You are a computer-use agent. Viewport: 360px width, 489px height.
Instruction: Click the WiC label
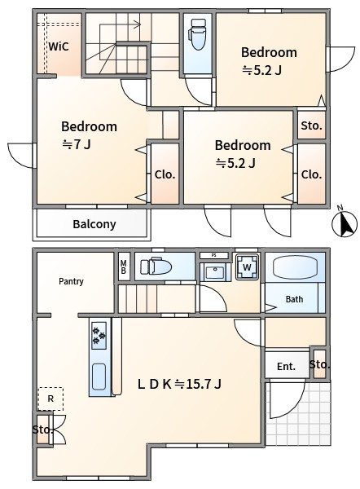click(59, 46)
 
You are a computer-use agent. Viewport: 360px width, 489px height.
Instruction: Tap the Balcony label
click(94, 224)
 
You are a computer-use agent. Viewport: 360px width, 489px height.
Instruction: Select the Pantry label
click(71, 281)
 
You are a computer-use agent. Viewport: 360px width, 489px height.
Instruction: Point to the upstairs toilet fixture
click(198, 34)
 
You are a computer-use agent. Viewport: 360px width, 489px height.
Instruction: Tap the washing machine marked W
click(247, 267)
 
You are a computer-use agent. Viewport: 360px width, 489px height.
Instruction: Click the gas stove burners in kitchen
click(99, 335)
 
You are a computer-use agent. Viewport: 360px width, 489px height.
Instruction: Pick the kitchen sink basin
click(99, 377)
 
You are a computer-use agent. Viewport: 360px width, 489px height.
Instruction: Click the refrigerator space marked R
click(50, 399)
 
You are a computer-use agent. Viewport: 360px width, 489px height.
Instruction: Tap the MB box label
click(124, 267)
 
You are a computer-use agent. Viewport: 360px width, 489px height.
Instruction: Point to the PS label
click(214, 255)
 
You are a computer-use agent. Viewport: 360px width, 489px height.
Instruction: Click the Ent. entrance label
click(286, 366)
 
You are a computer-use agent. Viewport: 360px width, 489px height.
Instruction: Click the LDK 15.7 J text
click(179, 384)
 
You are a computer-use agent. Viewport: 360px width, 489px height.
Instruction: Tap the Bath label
click(294, 299)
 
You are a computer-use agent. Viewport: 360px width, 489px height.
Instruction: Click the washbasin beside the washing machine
click(215, 272)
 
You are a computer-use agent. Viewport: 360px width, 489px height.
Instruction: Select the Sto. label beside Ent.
click(319, 364)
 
